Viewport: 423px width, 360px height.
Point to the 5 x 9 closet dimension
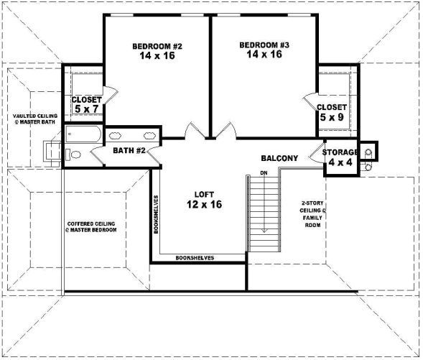pyautogui.click(x=332, y=116)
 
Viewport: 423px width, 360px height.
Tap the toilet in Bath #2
pyautogui.click(x=75, y=154)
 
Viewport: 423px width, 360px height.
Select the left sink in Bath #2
pyautogui.click(x=116, y=135)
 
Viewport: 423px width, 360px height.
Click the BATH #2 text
pyautogui.click(x=130, y=151)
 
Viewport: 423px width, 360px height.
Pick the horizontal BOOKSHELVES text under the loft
pyautogui.click(x=195, y=257)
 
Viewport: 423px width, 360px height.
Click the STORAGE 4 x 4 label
pyautogui.click(x=340, y=157)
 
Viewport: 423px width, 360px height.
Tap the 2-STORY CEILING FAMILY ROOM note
pyautogui.click(x=313, y=213)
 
